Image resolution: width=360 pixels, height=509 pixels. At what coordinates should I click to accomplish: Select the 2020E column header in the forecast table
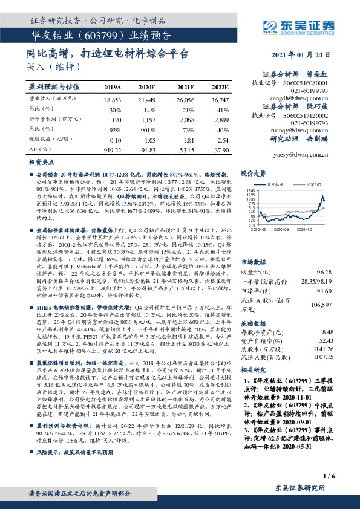(x=146, y=87)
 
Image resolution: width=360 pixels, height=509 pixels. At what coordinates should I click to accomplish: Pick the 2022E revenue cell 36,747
(x=220, y=99)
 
